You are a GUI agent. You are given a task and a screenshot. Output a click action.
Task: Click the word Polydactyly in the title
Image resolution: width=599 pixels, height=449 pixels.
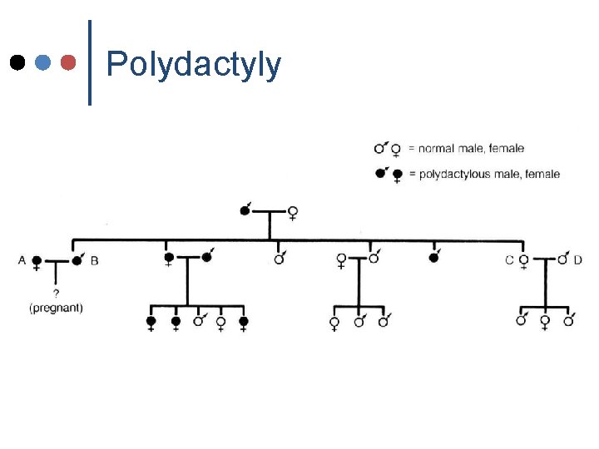tap(194, 65)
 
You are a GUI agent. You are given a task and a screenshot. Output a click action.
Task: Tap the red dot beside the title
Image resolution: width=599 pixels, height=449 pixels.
tap(70, 62)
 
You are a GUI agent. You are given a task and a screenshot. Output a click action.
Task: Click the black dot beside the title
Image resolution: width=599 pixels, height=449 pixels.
tap(17, 62)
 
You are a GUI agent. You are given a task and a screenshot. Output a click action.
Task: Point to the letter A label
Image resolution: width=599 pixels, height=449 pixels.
tap(22, 260)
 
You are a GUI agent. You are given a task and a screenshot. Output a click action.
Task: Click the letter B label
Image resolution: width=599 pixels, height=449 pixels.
tap(94, 260)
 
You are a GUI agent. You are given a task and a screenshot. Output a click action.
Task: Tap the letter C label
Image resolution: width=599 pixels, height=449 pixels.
tap(509, 260)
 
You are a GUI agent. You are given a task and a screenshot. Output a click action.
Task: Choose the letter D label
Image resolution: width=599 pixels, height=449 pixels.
tap(577, 260)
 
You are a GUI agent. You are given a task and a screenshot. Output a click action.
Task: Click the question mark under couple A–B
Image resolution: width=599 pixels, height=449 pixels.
tap(56, 293)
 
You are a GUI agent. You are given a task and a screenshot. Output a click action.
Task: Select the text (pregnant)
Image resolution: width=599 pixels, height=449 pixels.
tap(56, 308)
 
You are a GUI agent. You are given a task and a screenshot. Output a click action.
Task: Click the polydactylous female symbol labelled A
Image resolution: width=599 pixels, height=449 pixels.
tap(37, 261)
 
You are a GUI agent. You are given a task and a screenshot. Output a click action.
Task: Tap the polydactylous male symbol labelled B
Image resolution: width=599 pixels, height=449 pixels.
tap(77, 259)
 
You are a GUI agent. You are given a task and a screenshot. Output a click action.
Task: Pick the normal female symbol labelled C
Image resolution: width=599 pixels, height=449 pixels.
tap(523, 261)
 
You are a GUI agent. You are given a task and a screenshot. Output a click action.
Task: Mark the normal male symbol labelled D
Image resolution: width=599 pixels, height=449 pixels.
tap(563, 259)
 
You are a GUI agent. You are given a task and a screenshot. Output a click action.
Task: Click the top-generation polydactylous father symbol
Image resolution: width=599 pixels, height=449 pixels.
tap(245, 210)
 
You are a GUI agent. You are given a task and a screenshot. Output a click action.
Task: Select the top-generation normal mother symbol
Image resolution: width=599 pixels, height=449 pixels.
tap(293, 213)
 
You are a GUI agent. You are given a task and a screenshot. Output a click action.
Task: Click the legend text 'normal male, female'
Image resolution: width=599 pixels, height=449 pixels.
tap(471, 149)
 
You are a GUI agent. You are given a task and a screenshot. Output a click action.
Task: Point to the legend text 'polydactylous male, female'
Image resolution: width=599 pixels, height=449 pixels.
tap(488, 174)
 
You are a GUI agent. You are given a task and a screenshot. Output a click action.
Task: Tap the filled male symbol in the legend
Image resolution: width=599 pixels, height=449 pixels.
tap(380, 173)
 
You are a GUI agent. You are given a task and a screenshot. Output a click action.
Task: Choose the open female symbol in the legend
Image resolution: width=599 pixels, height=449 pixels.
tap(396, 150)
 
